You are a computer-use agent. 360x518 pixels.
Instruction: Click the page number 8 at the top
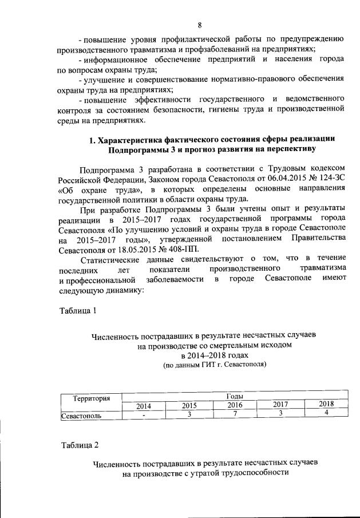[200, 25]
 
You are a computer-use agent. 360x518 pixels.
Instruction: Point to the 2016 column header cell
[235, 405]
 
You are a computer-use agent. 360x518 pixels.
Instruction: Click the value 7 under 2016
[235, 414]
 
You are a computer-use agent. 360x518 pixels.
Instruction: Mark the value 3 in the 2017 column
[280, 413]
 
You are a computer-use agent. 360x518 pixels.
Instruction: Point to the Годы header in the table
[235, 396]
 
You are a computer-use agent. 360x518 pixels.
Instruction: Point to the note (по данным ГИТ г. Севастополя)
[207, 364]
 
